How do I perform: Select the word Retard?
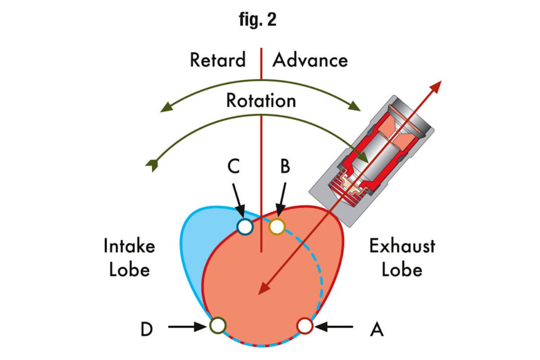pyautogui.click(x=218, y=60)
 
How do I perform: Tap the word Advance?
pyautogui.click(x=310, y=60)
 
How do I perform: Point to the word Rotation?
pyautogui.click(x=261, y=100)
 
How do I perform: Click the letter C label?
pyautogui.click(x=233, y=167)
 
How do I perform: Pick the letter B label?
pyautogui.click(x=285, y=167)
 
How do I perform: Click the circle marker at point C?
pyautogui.click(x=245, y=226)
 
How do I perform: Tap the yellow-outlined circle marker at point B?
pyautogui.click(x=277, y=226)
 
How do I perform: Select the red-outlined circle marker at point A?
pyautogui.click(x=305, y=325)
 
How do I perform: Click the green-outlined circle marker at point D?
pyautogui.click(x=218, y=325)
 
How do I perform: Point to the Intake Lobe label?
pyautogui.click(x=130, y=257)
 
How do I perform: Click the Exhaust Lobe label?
pyautogui.click(x=402, y=257)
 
